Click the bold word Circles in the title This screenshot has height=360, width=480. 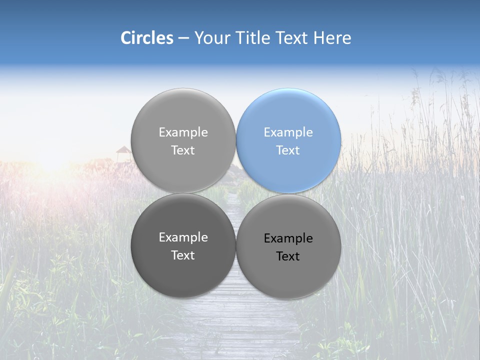coord(147,37)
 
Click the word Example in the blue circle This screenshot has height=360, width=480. coord(288,132)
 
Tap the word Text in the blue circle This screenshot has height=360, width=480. coord(288,150)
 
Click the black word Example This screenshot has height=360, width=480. coord(288,238)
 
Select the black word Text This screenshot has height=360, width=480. coord(288,256)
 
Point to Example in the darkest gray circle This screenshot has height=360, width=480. coord(183,237)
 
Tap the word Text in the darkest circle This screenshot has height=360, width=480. coord(183,255)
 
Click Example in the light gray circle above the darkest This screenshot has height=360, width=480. coord(183,132)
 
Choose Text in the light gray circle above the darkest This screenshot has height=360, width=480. coord(183,150)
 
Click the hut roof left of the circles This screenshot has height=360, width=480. coord(123,150)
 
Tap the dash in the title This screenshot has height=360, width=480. coord(183,38)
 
